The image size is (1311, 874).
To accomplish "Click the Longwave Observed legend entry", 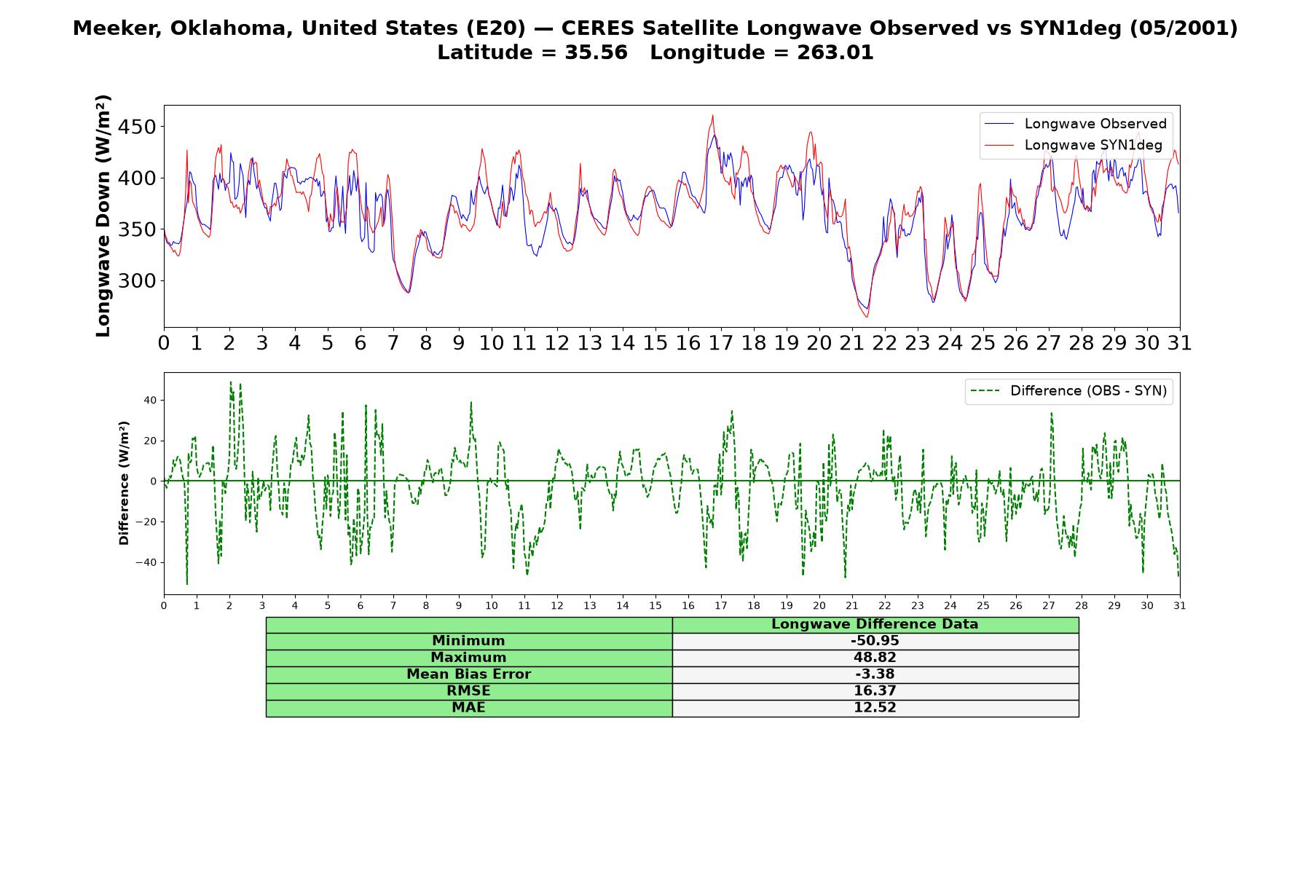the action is pyautogui.click(x=1075, y=124).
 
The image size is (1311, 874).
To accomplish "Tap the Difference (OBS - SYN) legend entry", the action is pyautogui.click(x=1069, y=391).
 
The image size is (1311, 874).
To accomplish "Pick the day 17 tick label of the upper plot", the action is pyautogui.click(x=720, y=343).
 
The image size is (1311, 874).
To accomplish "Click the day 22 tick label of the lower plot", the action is pyautogui.click(x=884, y=605).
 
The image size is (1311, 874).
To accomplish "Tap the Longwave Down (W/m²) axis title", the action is pyautogui.click(x=103, y=216).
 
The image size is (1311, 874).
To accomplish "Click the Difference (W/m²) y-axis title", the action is pyautogui.click(x=124, y=483).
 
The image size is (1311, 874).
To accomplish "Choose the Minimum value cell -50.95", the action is pyautogui.click(x=875, y=641).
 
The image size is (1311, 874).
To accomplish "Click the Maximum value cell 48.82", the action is pyautogui.click(x=875, y=658).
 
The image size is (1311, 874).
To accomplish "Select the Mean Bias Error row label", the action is pyautogui.click(x=468, y=674).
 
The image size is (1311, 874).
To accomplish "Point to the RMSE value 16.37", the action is pyautogui.click(x=875, y=691).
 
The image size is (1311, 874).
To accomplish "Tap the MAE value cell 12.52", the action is pyautogui.click(x=875, y=708).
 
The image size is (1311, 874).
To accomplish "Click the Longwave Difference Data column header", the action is pyautogui.click(x=875, y=624).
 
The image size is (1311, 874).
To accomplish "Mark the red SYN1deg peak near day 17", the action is pyautogui.click(x=713, y=115).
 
